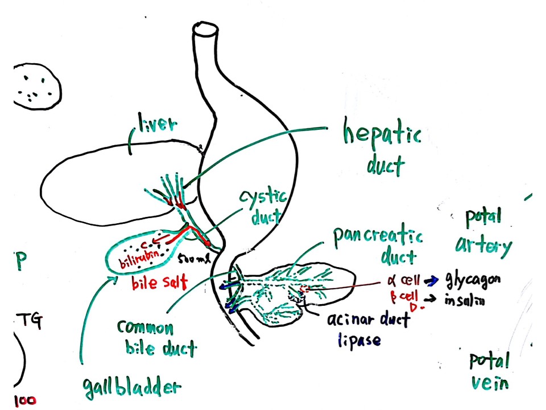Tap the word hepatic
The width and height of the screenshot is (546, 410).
[382, 136]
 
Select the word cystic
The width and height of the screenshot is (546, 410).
[262, 199]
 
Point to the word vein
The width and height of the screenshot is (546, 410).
[489, 383]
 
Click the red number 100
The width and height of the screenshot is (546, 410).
[24, 400]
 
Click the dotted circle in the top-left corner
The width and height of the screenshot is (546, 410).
[36, 85]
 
